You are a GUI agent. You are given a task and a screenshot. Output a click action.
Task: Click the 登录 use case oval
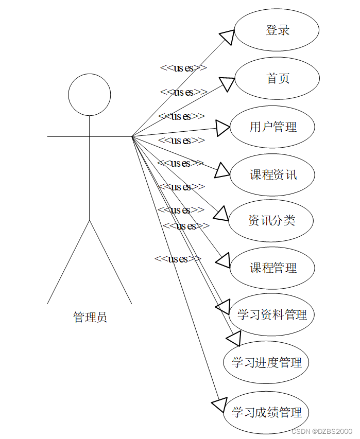(x=277, y=30)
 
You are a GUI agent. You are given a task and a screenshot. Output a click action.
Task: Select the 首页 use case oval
(x=278, y=78)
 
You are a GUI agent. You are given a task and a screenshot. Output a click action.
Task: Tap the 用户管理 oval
(x=272, y=127)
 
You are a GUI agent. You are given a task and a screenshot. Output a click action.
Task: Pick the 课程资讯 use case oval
(x=272, y=174)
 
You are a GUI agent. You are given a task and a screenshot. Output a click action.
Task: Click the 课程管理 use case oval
(x=272, y=268)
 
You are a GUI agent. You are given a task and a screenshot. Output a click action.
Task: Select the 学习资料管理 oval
(x=272, y=314)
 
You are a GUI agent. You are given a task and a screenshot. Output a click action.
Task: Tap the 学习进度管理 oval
(x=266, y=362)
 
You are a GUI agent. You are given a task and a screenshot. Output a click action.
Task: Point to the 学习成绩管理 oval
(x=266, y=412)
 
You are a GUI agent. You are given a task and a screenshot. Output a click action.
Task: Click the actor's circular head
(x=90, y=95)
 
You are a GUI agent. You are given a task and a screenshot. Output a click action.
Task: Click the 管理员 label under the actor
(x=90, y=317)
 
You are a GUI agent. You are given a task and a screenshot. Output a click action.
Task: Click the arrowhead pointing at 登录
(x=227, y=37)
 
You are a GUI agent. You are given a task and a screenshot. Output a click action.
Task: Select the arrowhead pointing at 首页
(x=227, y=83)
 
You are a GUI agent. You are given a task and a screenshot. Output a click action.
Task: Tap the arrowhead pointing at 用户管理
(x=223, y=128)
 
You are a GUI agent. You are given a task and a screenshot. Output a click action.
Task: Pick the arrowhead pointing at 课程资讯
(x=222, y=170)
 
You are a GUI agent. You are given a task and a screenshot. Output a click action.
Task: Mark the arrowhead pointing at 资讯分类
(x=221, y=214)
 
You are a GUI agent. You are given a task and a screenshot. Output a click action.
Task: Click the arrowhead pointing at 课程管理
(x=223, y=261)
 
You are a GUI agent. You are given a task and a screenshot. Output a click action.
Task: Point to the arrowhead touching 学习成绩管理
(x=219, y=405)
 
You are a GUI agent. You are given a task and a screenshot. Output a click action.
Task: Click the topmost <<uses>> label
(x=183, y=67)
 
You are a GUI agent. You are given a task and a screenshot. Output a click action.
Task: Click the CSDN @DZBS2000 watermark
(x=322, y=431)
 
